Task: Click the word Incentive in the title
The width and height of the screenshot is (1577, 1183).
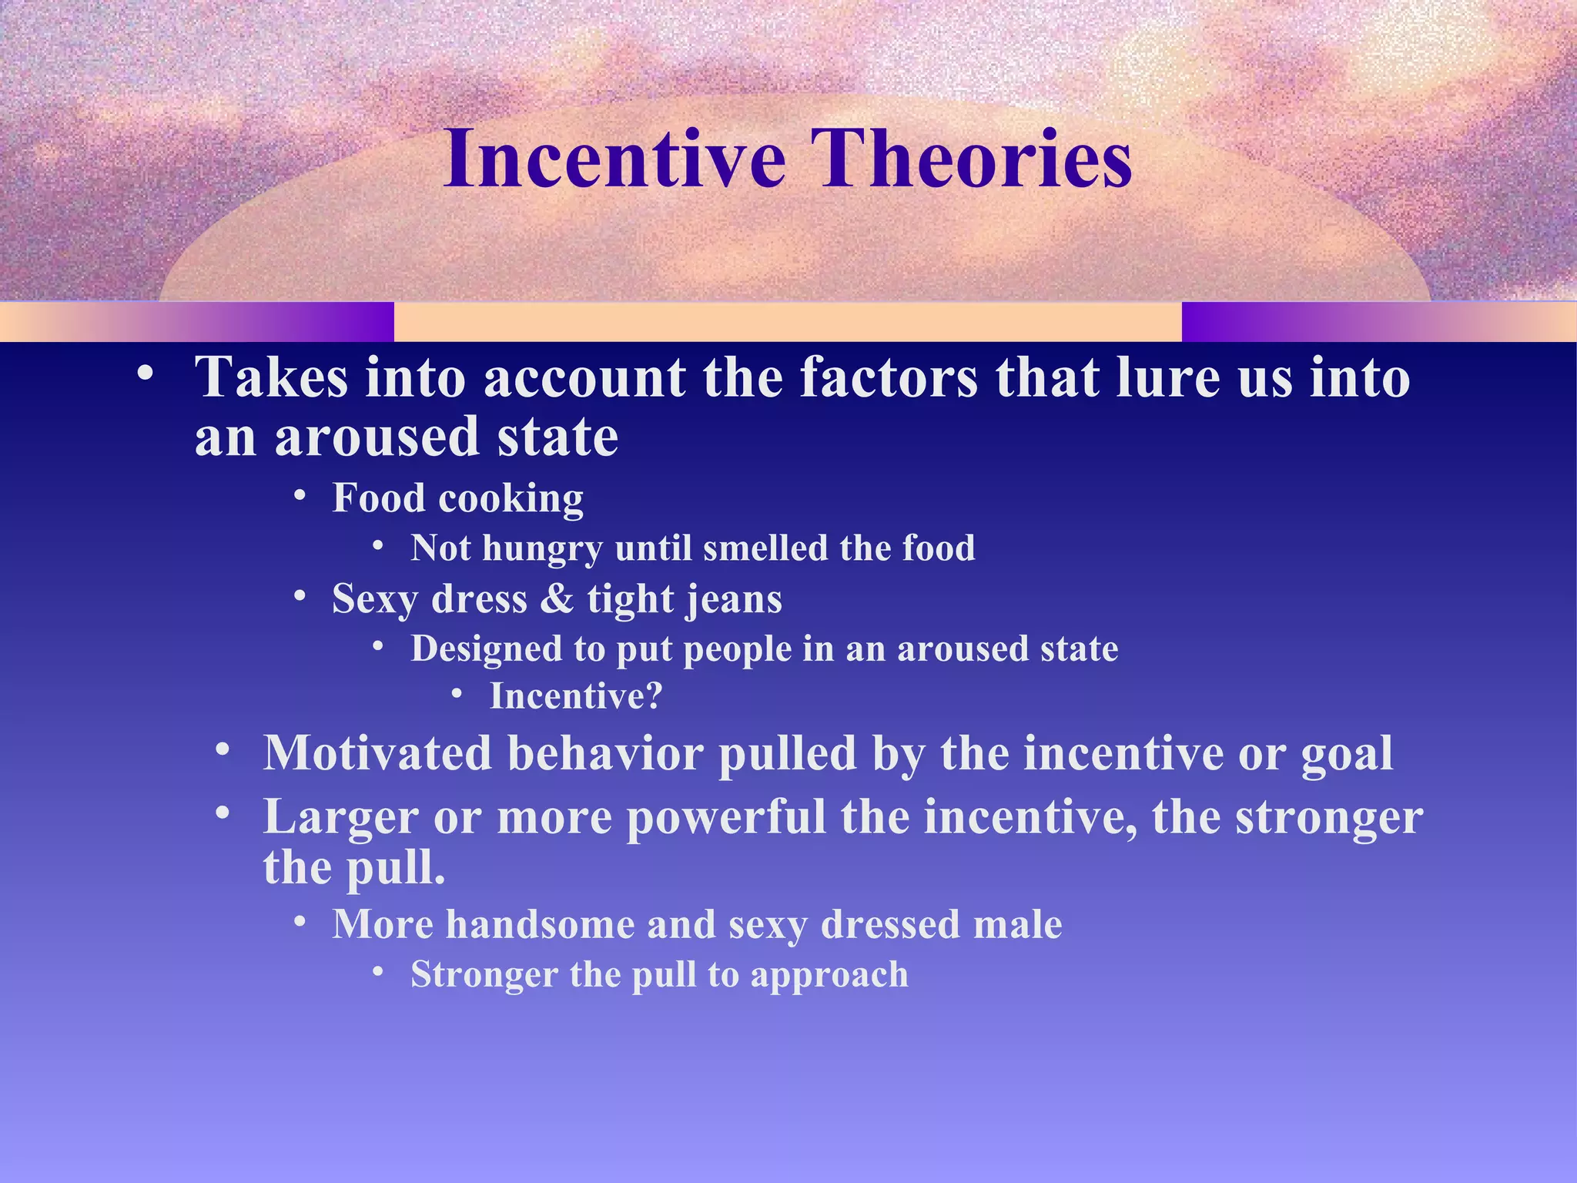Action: coord(614,159)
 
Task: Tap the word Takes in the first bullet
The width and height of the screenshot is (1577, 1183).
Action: coord(271,378)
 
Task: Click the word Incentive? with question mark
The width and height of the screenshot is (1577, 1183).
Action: coord(576,696)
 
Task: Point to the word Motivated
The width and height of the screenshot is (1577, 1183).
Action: coord(377,752)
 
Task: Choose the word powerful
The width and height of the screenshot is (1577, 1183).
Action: coord(725,817)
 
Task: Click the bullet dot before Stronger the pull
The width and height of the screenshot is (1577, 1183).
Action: coord(378,972)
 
